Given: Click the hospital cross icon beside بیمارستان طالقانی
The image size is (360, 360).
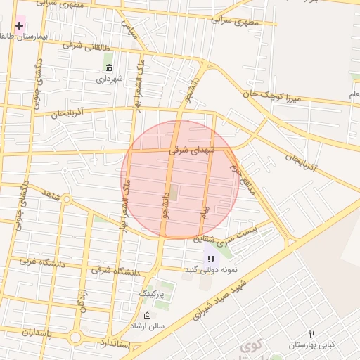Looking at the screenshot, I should [x=19, y=25].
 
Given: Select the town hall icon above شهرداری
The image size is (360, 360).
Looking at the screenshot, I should [x=109, y=67].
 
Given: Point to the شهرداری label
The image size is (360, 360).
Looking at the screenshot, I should [x=109, y=79].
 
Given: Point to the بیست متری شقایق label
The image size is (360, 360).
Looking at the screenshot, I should [x=226, y=235].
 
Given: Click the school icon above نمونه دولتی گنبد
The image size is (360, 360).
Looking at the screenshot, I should [x=211, y=259].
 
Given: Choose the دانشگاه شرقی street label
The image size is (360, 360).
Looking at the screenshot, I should [x=115, y=271].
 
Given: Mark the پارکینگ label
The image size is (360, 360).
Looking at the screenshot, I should [x=151, y=292].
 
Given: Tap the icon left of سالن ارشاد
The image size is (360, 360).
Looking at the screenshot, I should [x=146, y=315].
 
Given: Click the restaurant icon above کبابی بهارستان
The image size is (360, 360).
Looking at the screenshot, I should [x=312, y=334].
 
